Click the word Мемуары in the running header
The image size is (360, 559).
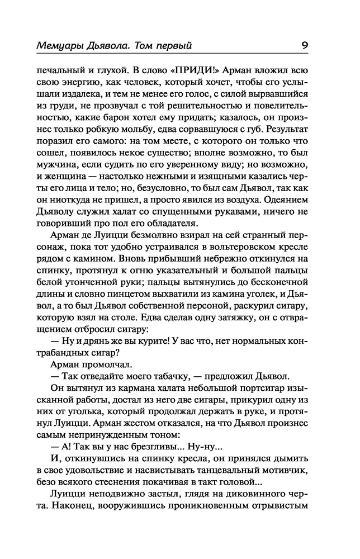click(58, 45)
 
